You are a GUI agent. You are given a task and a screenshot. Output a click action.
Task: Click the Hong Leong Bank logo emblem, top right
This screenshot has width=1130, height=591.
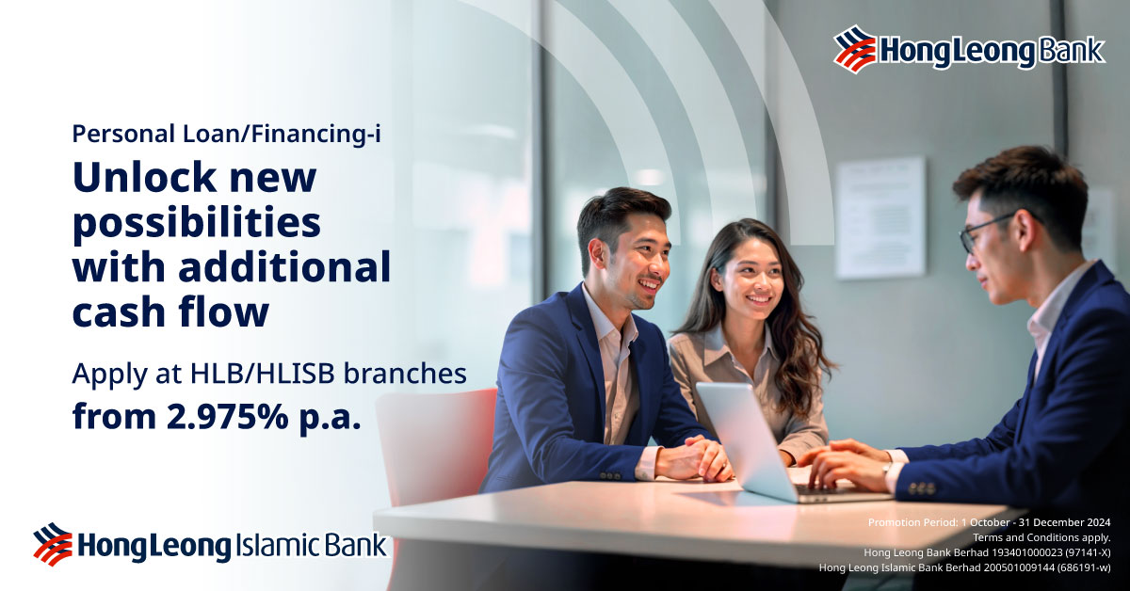pos(855,49)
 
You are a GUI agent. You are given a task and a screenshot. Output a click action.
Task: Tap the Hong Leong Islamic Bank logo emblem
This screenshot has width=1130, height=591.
pos(53,543)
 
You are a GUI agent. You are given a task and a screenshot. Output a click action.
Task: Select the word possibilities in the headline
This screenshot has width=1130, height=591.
pos(197,224)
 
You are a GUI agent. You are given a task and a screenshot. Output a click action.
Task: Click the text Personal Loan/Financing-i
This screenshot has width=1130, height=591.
pos(226,134)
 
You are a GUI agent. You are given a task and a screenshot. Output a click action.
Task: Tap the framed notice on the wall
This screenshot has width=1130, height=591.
pos(880,217)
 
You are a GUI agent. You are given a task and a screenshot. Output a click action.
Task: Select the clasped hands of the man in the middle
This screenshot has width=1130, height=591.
pos(694,459)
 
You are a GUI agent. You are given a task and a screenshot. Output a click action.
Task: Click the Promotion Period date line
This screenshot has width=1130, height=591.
pos(989,522)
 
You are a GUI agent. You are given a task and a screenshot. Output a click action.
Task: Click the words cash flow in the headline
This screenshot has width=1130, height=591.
pos(170,313)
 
